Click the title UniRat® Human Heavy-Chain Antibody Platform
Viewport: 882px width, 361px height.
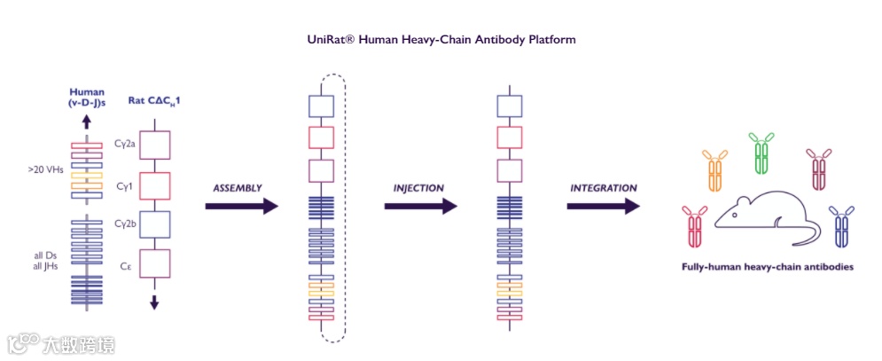(x=441, y=40)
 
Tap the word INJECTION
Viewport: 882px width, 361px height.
(x=418, y=189)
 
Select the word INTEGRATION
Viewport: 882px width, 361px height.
(x=603, y=188)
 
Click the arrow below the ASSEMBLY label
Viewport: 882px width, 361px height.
(x=241, y=207)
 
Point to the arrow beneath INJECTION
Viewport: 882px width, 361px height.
(x=420, y=207)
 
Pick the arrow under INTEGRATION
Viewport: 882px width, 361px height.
(x=603, y=207)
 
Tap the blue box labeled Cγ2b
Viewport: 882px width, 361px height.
(x=154, y=224)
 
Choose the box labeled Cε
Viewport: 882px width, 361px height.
(x=154, y=263)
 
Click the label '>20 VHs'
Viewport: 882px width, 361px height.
(x=44, y=166)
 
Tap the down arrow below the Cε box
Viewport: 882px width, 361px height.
(x=154, y=302)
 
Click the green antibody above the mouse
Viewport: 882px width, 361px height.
(x=761, y=153)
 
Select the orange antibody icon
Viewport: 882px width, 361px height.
(x=716, y=169)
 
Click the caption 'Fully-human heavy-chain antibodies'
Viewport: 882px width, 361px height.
(x=767, y=266)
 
